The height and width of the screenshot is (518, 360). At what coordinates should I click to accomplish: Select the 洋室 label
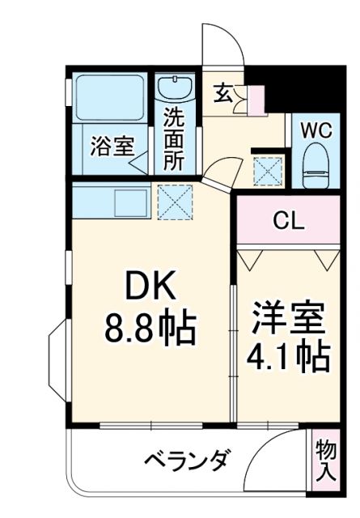(287, 316)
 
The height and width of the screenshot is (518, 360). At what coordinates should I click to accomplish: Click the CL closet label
(287, 219)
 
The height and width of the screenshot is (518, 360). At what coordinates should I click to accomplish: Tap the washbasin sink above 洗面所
(172, 89)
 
